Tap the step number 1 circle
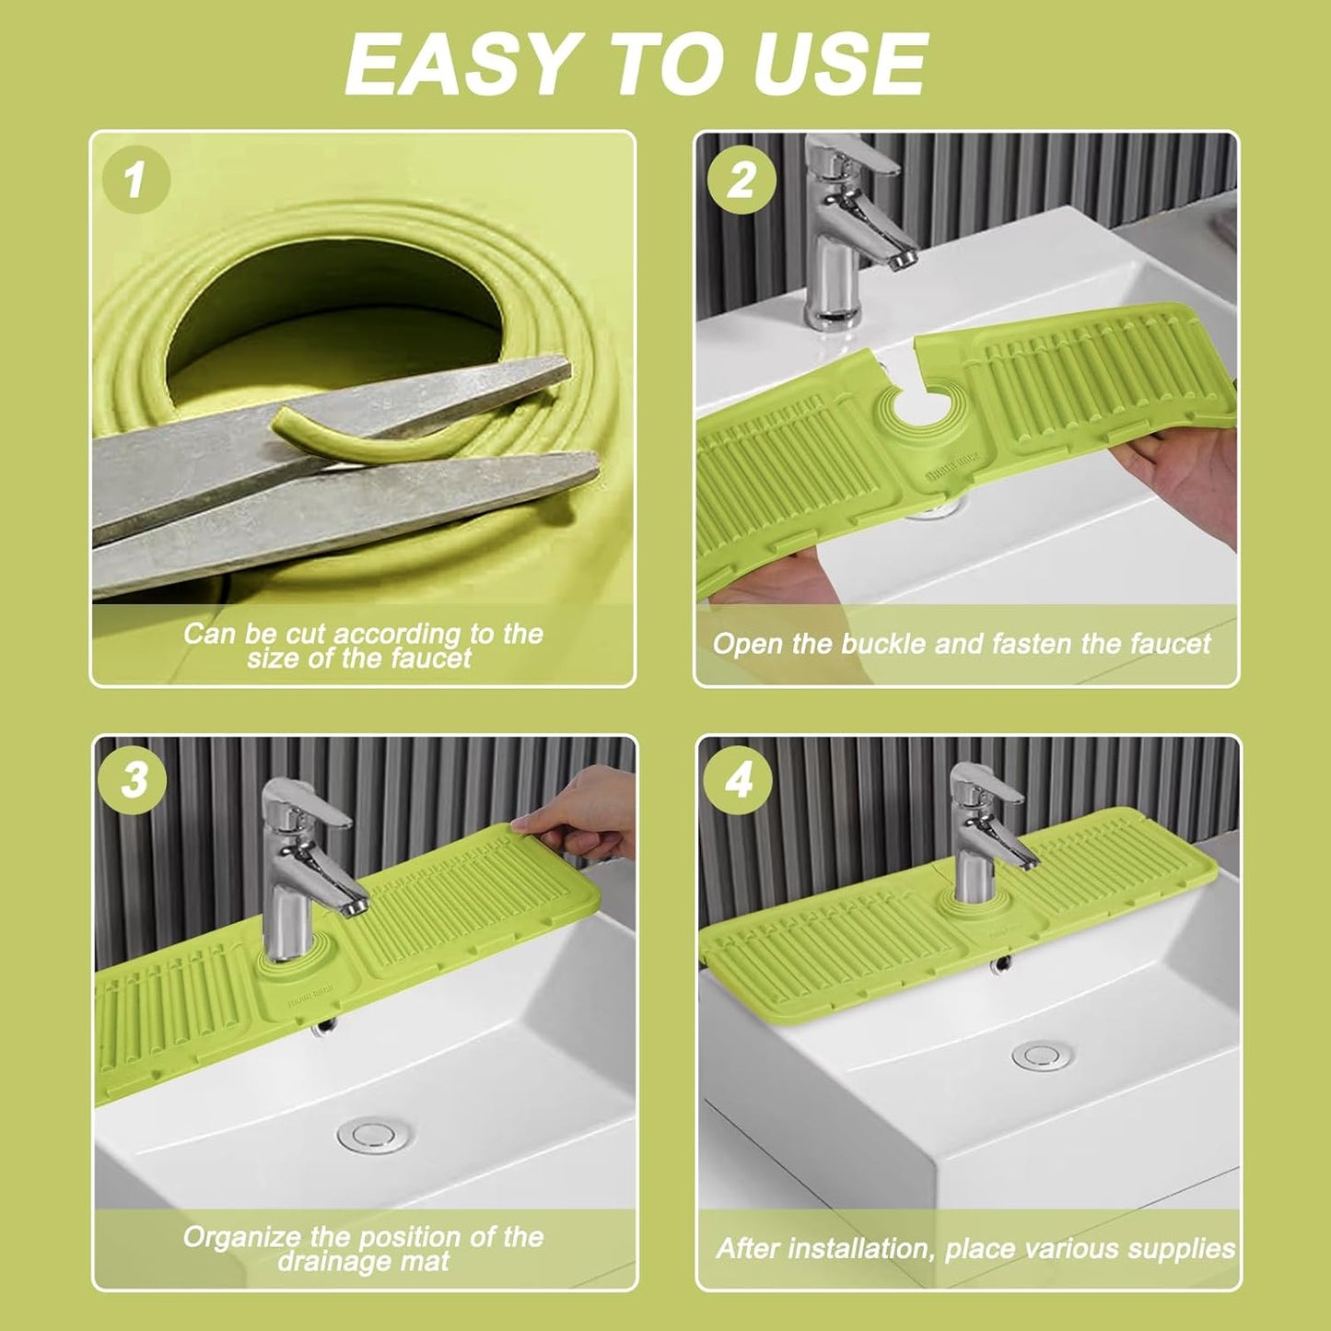click(x=135, y=179)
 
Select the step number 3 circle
click(x=135, y=780)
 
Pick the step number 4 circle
click(x=738, y=780)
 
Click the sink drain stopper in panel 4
click(x=1038, y=1056)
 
